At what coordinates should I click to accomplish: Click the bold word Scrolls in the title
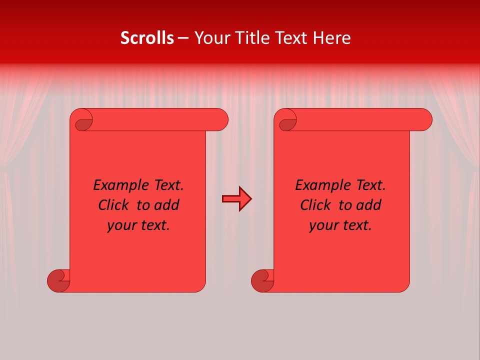click(x=147, y=38)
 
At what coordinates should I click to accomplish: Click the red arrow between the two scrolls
click(x=236, y=199)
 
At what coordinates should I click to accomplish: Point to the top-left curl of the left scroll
click(x=83, y=122)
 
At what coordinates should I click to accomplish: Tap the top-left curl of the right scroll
click(x=287, y=122)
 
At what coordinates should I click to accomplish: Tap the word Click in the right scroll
click(x=316, y=205)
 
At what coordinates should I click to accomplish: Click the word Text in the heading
click(x=290, y=38)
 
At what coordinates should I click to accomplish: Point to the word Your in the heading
click(x=210, y=38)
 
